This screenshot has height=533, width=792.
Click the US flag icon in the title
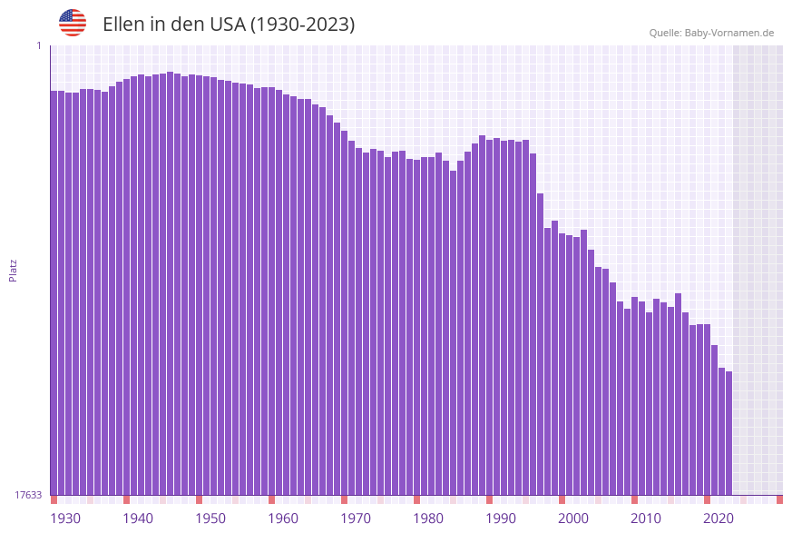point(73,23)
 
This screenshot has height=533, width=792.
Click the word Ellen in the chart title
point(123,25)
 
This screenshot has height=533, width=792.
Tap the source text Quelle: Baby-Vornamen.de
point(711,33)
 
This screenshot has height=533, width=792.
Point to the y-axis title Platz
point(14,270)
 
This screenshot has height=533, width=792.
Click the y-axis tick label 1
point(39,45)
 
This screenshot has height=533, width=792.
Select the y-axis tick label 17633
point(28,495)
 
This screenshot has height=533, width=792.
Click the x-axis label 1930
point(65,518)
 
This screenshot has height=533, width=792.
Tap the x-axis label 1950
point(210,518)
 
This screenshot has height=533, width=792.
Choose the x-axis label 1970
point(356,518)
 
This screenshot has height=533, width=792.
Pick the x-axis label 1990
point(501,518)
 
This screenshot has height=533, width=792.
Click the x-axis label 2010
point(646,518)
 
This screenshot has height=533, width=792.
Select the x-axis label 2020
point(719,518)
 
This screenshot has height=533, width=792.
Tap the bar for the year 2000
point(562,363)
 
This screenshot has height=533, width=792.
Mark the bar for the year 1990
point(489,317)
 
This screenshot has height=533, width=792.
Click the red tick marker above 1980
point(416,499)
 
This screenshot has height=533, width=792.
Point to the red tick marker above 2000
point(562,499)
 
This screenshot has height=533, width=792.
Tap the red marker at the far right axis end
point(779,499)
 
